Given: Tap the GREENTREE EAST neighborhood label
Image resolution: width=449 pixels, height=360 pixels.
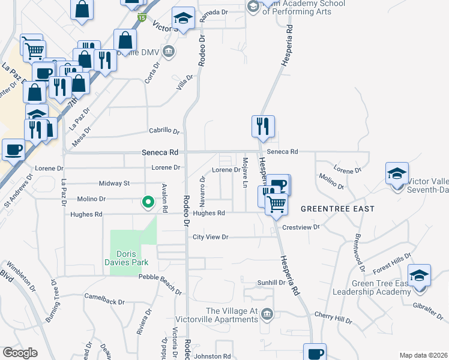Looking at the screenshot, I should click(337, 209).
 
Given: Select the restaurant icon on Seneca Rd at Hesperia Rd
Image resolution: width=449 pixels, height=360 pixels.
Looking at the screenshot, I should click(263, 126).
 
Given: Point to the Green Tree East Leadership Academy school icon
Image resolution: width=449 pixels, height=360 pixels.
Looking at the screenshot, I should click(419, 275).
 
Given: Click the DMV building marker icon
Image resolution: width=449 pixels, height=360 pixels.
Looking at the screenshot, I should click(169, 50).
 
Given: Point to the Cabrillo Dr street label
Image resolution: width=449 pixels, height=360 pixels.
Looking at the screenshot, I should click(164, 131).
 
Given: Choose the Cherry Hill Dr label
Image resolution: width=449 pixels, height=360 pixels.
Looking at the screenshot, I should click(333, 317).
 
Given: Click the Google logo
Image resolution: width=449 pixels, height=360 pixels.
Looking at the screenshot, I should click(20, 353).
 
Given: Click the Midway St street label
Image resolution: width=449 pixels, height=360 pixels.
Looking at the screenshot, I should click(113, 183).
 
